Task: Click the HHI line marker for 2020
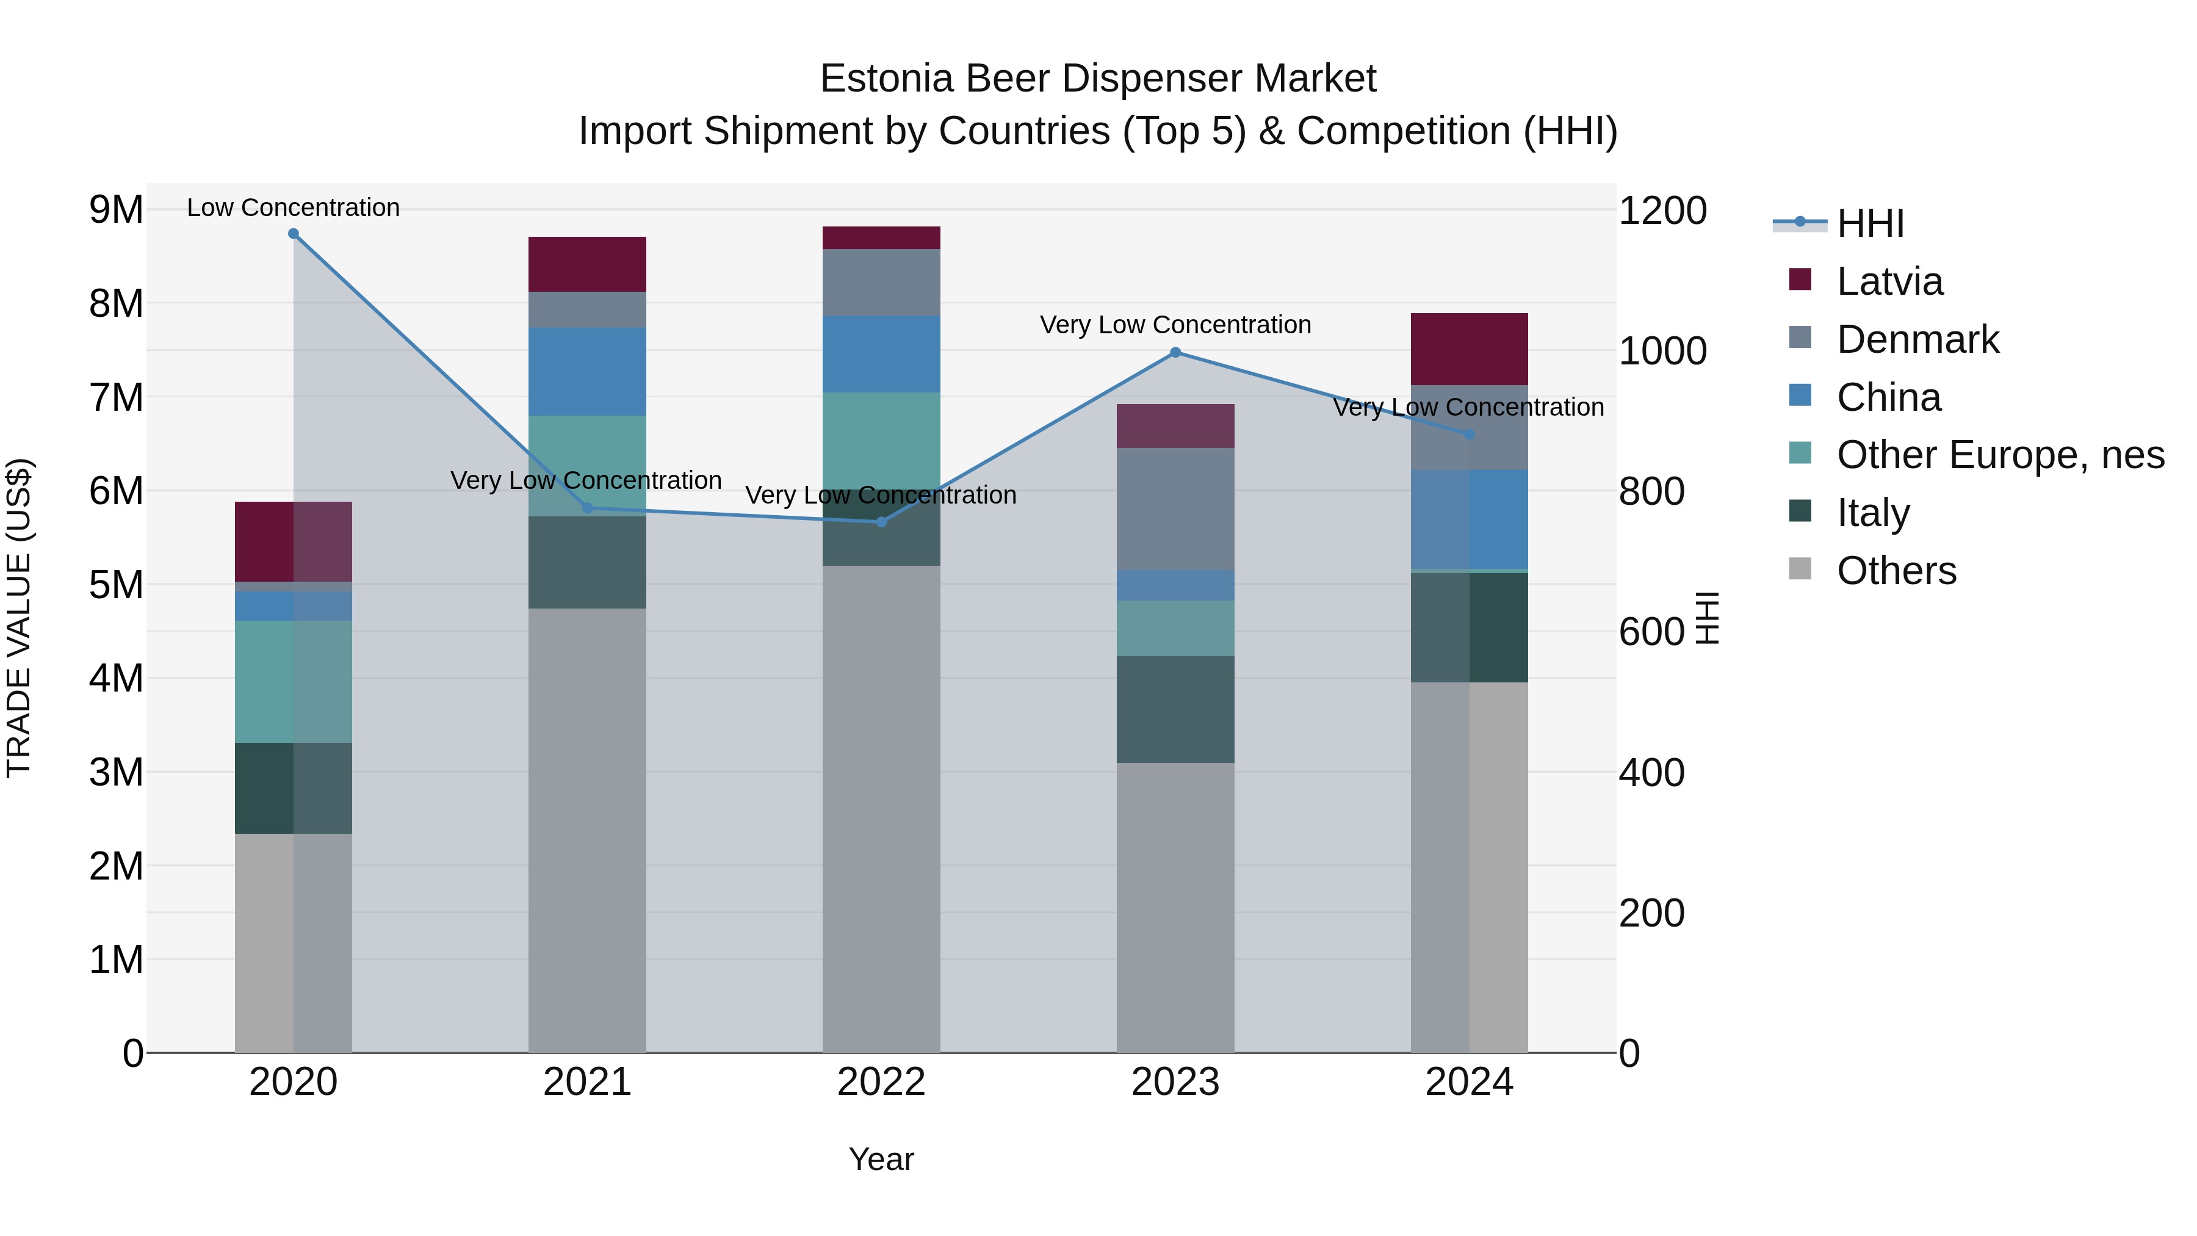pos(294,234)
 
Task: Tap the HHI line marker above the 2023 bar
pos(1175,352)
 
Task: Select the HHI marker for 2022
pos(882,522)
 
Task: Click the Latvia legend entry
pos(1889,281)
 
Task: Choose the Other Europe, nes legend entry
pos(1999,455)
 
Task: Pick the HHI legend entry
pos(1869,223)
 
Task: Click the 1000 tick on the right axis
pos(1661,352)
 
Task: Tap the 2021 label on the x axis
pos(586,1082)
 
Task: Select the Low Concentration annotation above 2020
pos(294,208)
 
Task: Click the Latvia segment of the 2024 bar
pos(1469,349)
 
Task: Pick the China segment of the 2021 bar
pos(586,372)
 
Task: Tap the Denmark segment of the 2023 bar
pos(1175,508)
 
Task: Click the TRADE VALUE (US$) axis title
pos(19,618)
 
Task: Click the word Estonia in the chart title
pos(886,79)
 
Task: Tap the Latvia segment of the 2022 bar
pos(881,238)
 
